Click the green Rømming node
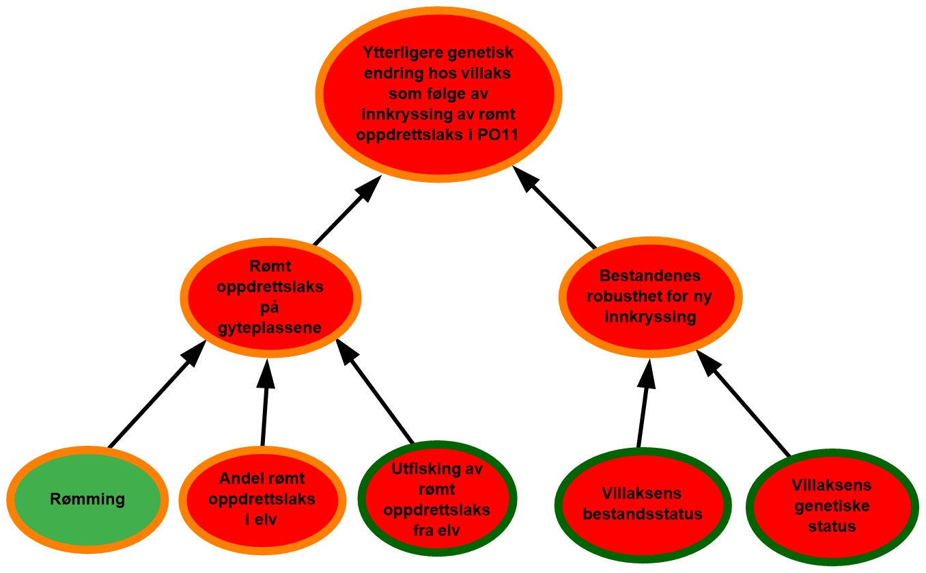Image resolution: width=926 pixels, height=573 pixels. pyautogui.click(x=87, y=499)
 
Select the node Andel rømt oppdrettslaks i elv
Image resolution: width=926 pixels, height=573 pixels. pyautogui.click(x=262, y=499)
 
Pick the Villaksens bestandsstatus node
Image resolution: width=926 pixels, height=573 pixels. pyautogui.click(x=643, y=503)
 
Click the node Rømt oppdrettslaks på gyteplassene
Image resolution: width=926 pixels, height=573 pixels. pyautogui.click(x=270, y=298)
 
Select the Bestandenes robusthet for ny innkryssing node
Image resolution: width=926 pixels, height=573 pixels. pyautogui.click(x=649, y=297)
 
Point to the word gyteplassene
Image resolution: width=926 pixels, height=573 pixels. pyautogui.click(x=270, y=330)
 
